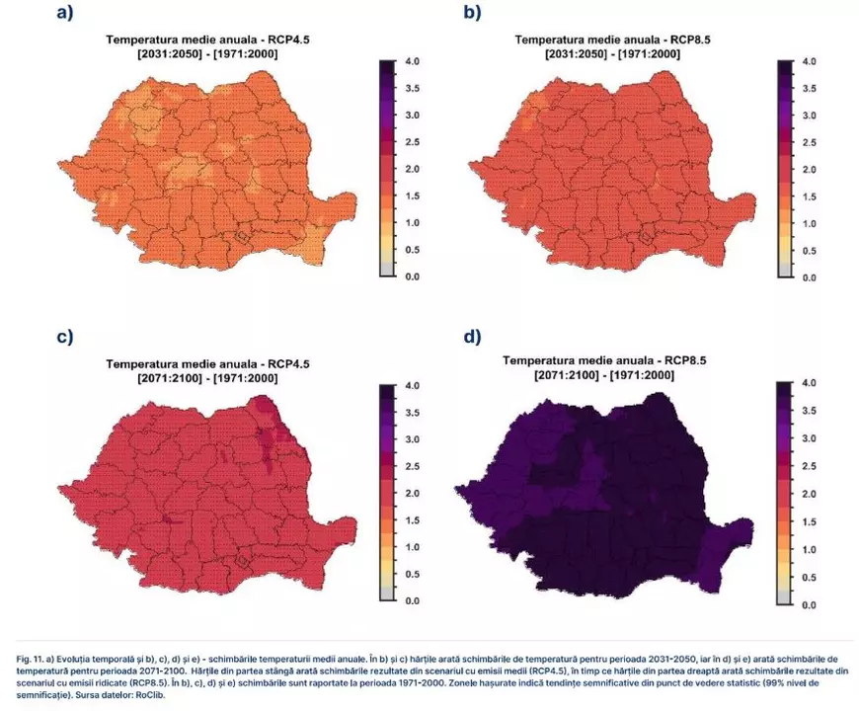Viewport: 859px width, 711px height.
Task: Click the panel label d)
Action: tap(472, 337)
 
